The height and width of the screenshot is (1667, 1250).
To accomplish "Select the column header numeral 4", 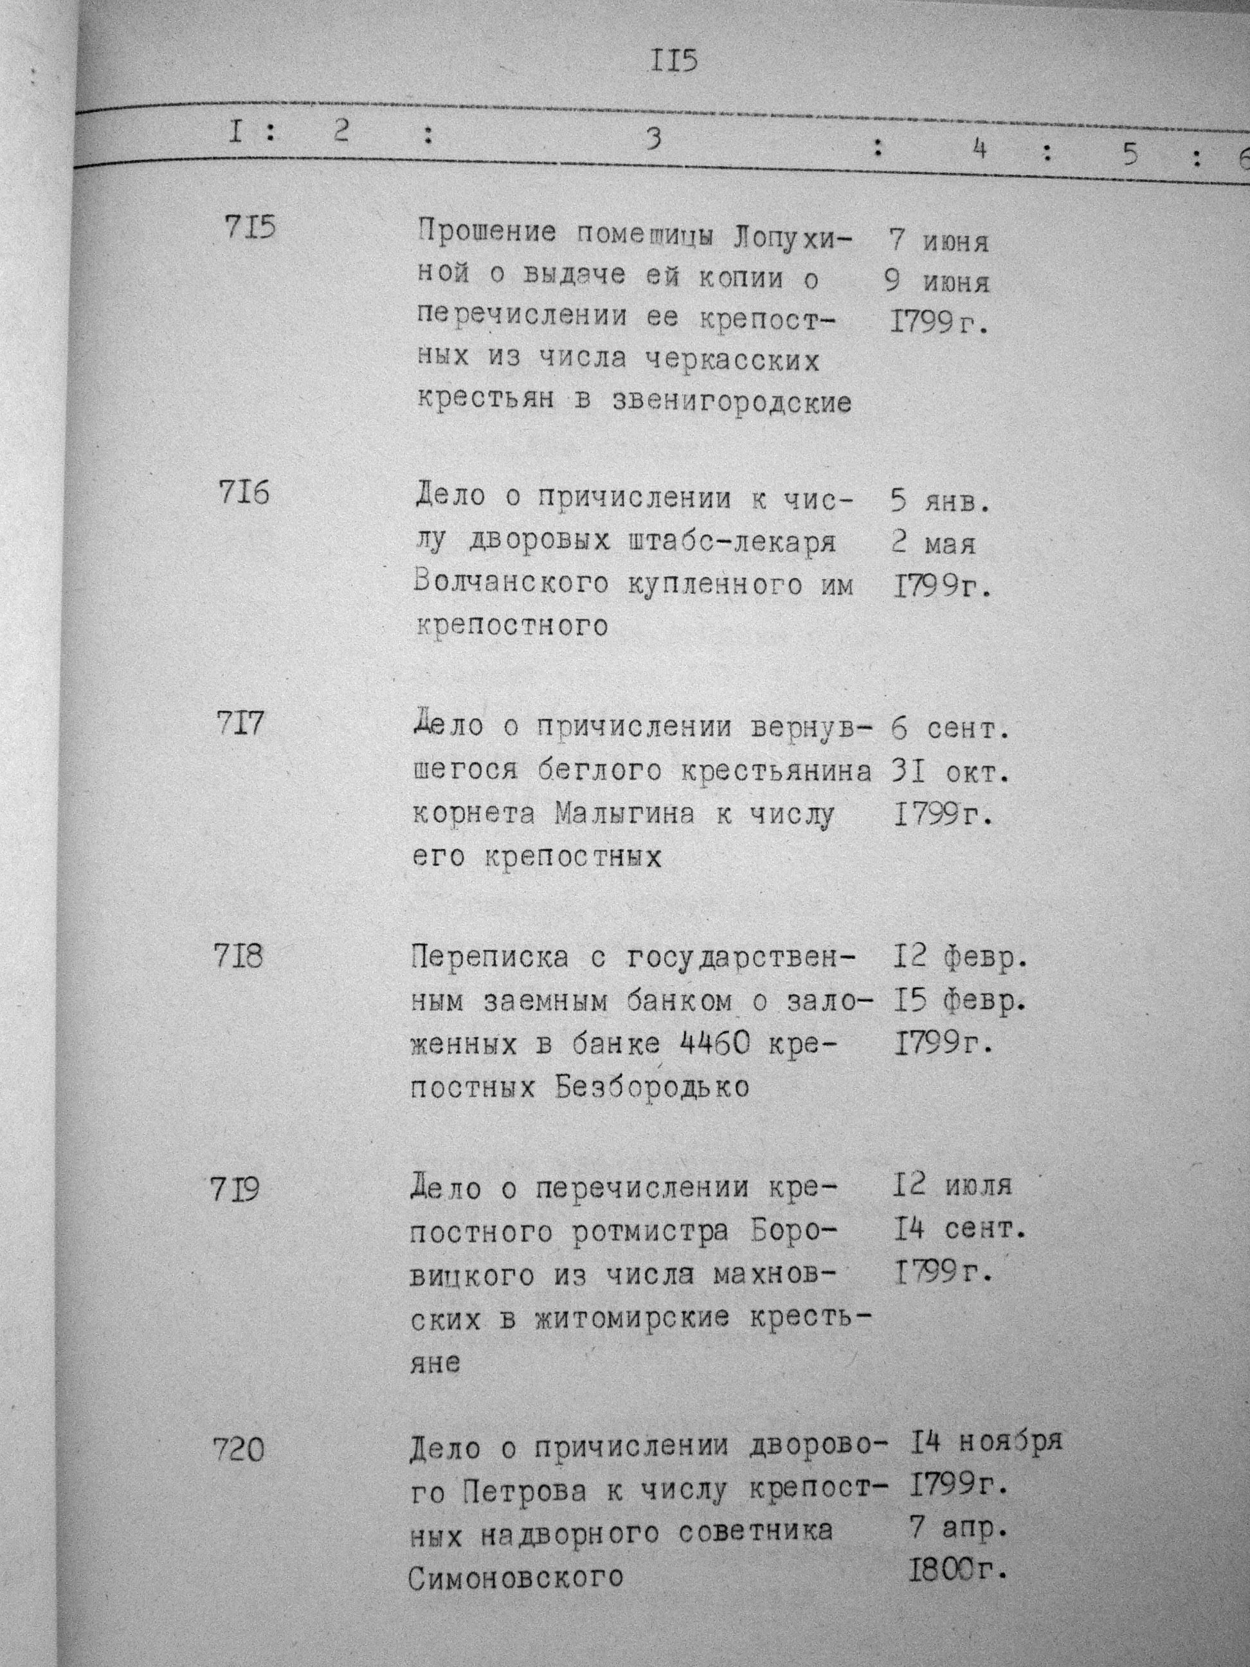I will [x=979, y=150].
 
